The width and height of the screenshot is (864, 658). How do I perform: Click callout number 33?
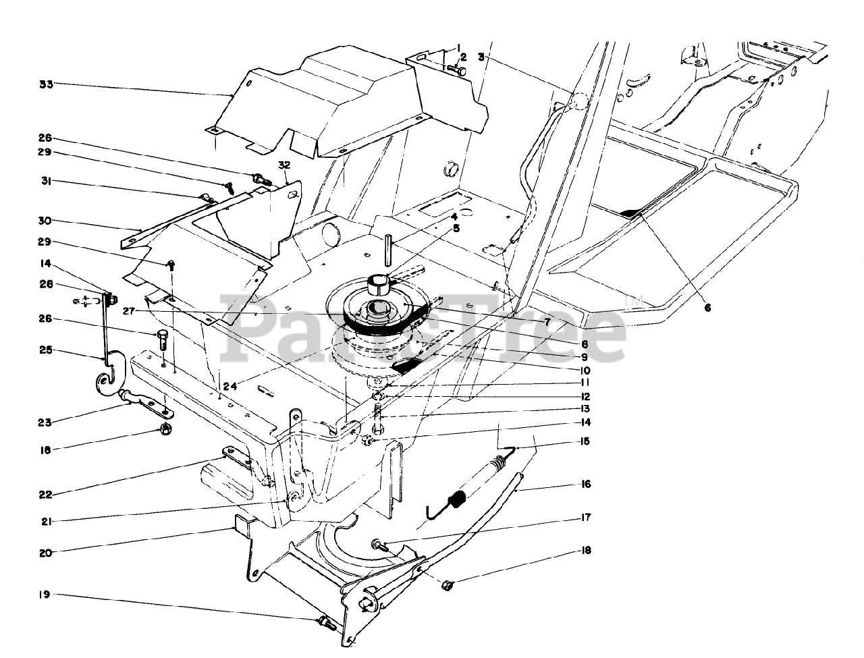tap(46, 84)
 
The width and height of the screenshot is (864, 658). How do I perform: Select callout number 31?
tap(46, 181)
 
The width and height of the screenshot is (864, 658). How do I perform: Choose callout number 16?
tap(585, 484)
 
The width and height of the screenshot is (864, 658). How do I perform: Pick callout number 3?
tap(481, 58)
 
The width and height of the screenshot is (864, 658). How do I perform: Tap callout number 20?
tap(46, 551)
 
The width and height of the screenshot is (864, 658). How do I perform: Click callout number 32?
tap(283, 165)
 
